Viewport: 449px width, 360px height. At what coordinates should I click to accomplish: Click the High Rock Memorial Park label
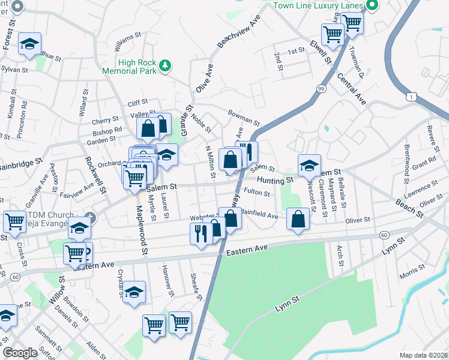[137, 66]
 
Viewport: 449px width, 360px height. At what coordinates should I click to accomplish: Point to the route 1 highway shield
[411, 96]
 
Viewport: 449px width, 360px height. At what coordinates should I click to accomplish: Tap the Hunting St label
[276, 179]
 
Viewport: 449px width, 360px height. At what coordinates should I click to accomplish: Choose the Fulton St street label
[257, 193]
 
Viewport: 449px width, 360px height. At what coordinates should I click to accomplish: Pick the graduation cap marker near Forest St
[29, 44]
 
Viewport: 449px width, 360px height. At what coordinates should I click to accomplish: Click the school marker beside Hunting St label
[309, 166]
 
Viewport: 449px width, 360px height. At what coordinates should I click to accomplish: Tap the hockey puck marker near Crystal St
[134, 292]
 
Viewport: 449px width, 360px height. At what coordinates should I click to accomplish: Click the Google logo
[20, 353]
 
